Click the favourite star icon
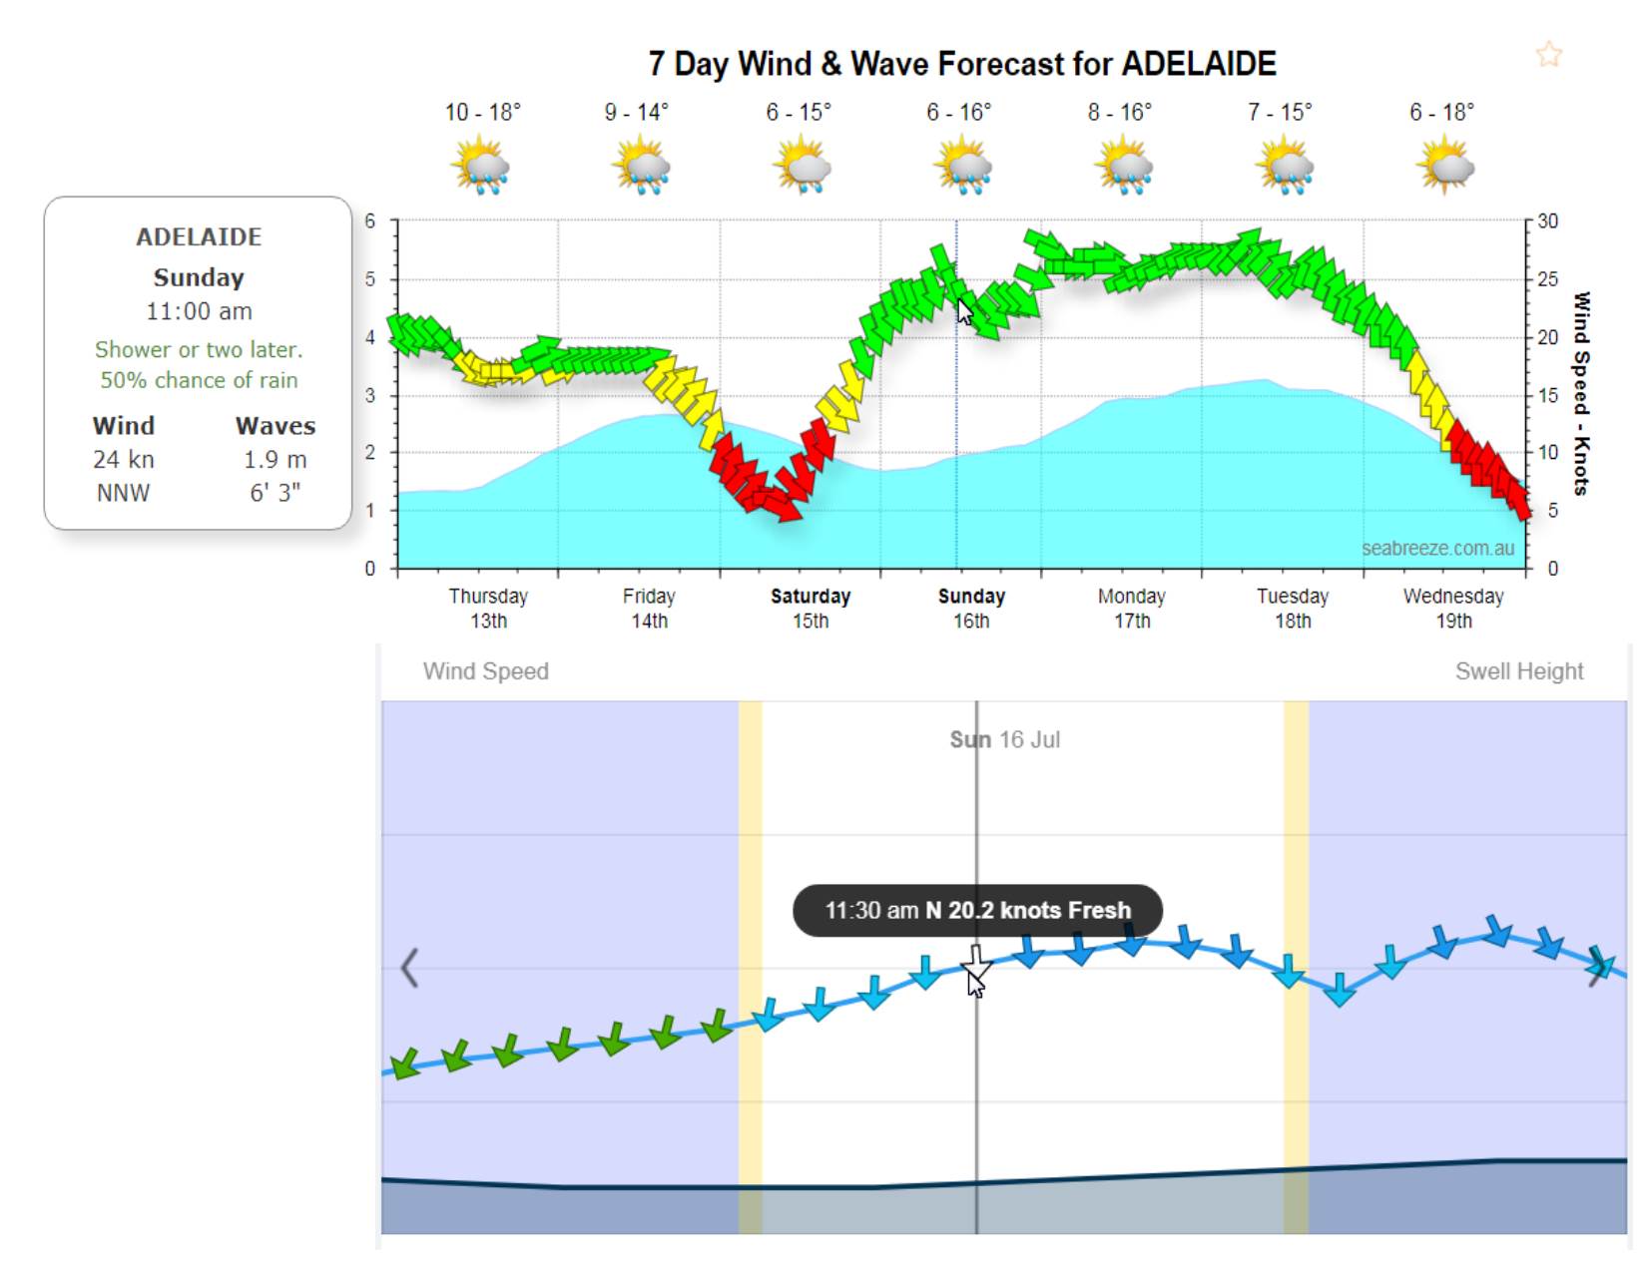(1548, 54)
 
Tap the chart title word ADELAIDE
(1198, 64)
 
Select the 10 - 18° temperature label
(482, 112)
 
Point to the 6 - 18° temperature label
(1441, 112)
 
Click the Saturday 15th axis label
(810, 608)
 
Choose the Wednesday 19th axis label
(1452, 608)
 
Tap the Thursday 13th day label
(488, 608)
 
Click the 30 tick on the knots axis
(1546, 220)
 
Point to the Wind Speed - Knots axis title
(1581, 393)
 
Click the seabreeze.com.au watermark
(1437, 548)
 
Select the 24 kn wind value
(124, 459)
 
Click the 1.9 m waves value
(275, 459)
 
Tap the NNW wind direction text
(123, 493)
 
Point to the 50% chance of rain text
(199, 380)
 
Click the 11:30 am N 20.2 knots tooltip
(977, 910)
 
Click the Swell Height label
(1518, 671)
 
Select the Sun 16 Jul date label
(1004, 739)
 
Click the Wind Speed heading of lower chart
(486, 671)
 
